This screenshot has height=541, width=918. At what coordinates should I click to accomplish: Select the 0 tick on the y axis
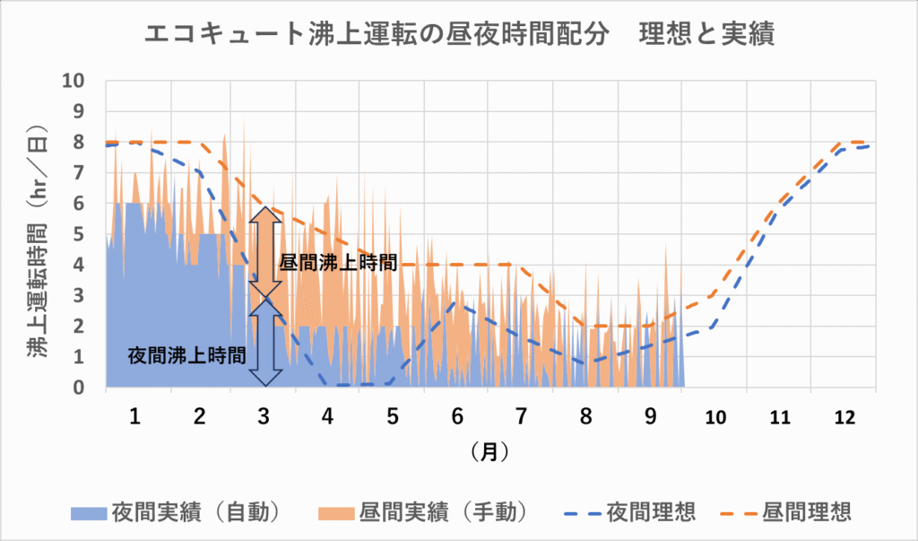tap(78, 388)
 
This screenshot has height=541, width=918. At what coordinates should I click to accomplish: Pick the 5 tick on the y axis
tap(78, 234)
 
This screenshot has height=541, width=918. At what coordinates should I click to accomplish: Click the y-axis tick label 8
tap(78, 142)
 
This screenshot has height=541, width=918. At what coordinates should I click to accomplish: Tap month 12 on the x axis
tap(844, 417)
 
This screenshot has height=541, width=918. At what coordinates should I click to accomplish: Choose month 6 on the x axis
tap(457, 417)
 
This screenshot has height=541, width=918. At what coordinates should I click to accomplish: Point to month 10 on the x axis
tap(715, 417)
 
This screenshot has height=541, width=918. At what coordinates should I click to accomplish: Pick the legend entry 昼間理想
tap(806, 512)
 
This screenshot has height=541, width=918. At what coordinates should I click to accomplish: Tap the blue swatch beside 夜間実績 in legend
tap(89, 513)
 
